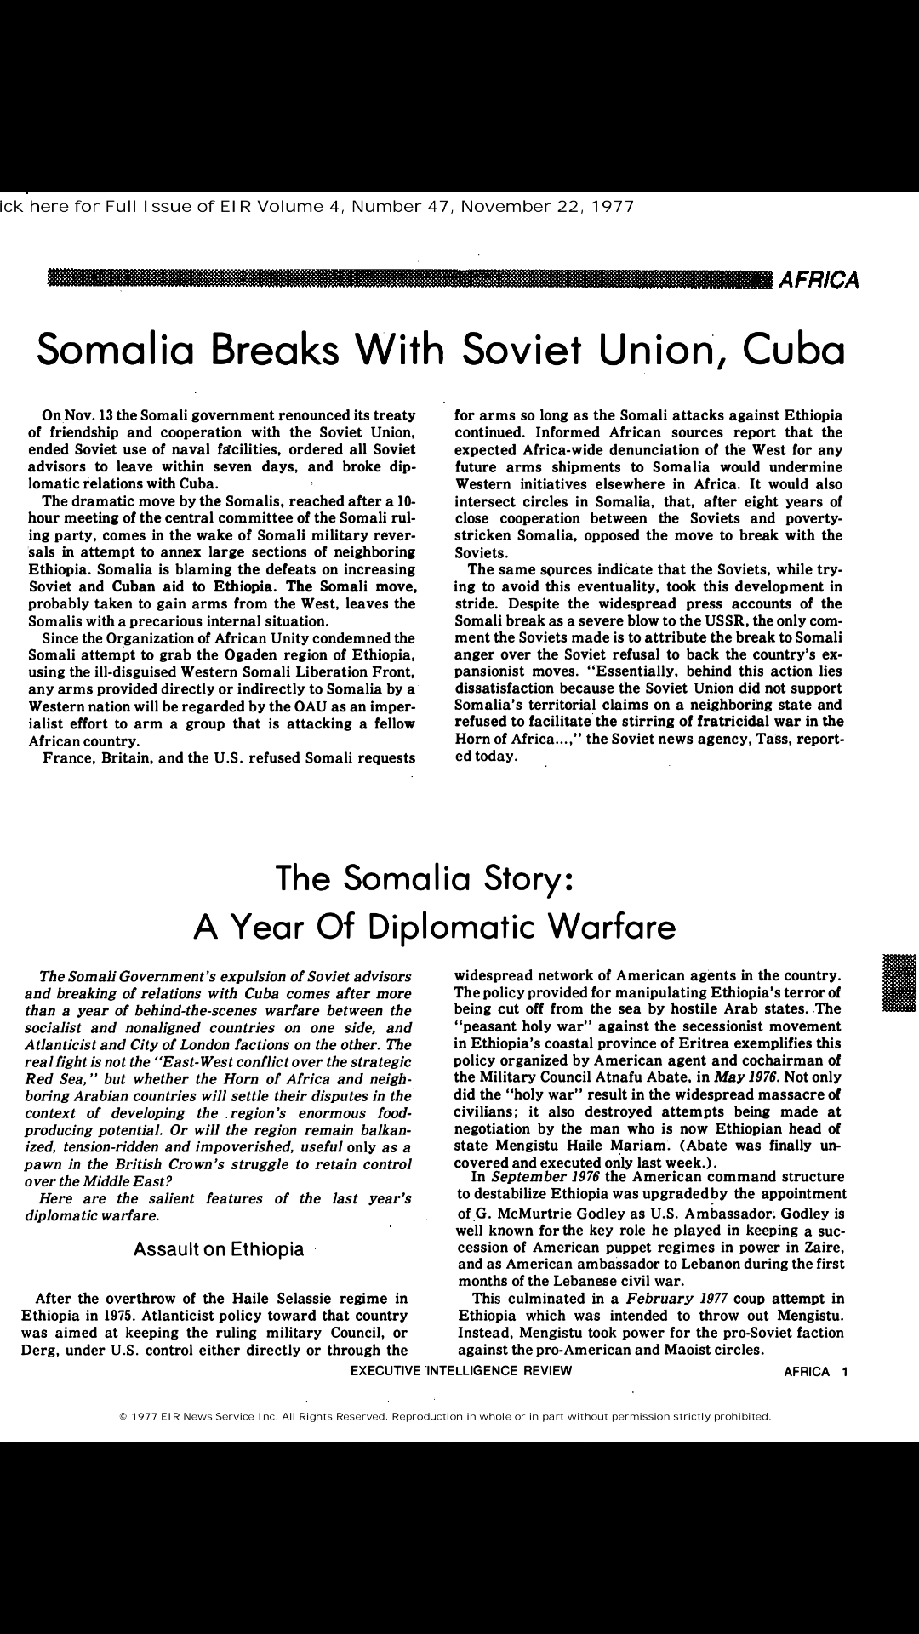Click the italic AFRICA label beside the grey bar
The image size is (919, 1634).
click(x=819, y=279)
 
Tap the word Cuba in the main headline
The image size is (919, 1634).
click(x=794, y=349)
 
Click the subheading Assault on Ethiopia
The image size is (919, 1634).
click(x=219, y=1249)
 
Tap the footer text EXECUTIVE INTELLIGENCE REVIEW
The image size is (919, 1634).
click(x=461, y=1371)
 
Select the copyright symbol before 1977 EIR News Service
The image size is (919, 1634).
click(x=123, y=1417)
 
